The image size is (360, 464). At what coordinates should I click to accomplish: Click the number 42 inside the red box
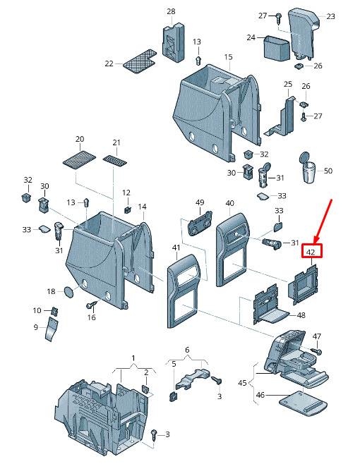[311, 252]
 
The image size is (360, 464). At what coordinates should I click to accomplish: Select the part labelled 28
[173, 42]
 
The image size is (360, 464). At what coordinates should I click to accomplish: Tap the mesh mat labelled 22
[140, 61]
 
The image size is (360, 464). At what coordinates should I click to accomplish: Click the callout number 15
[229, 57]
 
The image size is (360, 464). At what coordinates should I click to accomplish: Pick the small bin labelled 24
[277, 48]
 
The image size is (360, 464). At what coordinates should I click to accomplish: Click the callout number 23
[330, 16]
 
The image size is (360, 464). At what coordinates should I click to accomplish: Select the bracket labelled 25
[281, 116]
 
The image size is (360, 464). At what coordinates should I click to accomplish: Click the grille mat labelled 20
[80, 159]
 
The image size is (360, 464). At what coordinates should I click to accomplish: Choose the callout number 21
[116, 142]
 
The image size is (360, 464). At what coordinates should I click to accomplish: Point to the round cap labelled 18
[69, 291]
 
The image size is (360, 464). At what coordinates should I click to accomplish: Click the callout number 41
[176, 248]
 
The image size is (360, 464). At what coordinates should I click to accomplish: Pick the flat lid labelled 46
[303, 403]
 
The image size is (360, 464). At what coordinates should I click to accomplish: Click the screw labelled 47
[316, 351]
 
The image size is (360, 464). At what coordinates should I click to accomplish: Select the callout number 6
[187, 350]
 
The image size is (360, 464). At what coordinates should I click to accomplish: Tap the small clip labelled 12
[127, 210]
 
